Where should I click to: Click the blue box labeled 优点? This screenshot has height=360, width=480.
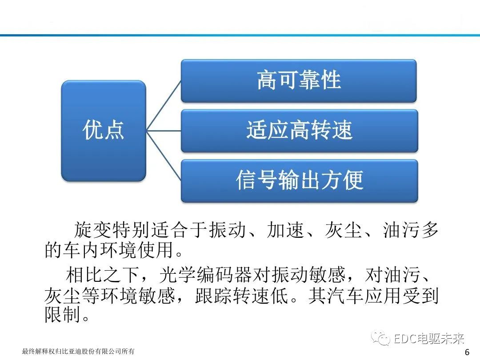[x=104, y=130]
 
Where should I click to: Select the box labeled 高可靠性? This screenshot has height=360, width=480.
[x=299, y=81]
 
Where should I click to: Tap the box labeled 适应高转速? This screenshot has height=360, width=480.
[x=299, y=131]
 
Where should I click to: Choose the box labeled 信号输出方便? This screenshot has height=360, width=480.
[x=299, y=180]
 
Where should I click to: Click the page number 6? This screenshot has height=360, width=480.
[x=467, y=352]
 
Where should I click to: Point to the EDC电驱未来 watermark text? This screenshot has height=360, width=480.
[x=429, y=339]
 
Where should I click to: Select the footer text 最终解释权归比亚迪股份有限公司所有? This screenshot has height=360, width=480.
[x=78, y=352]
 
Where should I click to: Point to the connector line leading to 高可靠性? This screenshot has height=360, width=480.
[x=164, y=105]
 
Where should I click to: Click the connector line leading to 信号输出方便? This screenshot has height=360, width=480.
[x=164, y=156]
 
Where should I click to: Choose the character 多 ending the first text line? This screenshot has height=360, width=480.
[x=429, y=230]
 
